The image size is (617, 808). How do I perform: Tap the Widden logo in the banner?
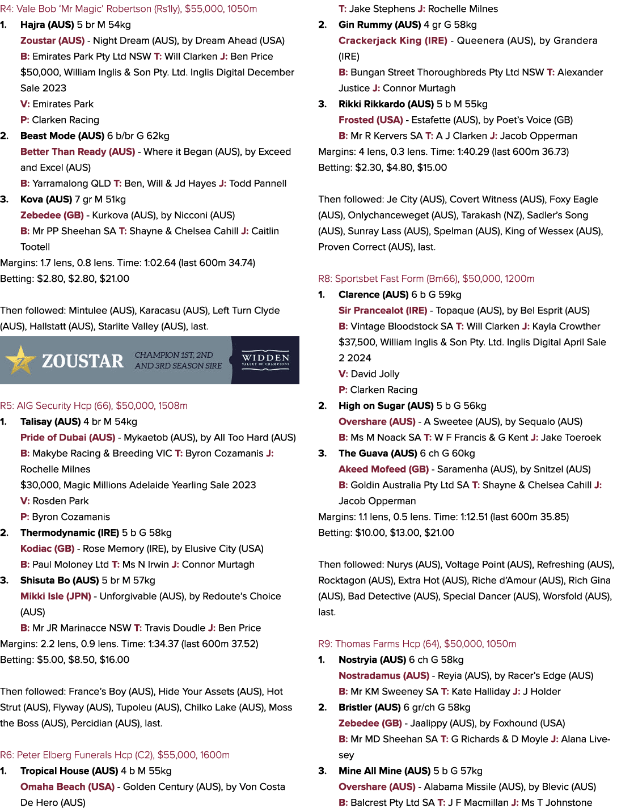pyautogui.click(x=265, y=361)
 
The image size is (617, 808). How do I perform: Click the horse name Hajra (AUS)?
pyautogui.click(x=47, y=25)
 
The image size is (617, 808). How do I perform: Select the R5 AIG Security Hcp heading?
pyautogui.click(x=94, y=406)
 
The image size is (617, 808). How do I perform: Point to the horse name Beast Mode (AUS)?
pyautogui.click(x=62, y=136)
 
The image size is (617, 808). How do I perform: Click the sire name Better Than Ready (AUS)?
pyautogui.click(x=78, y=152)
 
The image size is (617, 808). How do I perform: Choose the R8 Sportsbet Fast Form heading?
pyautogui.click(x=426, y=279)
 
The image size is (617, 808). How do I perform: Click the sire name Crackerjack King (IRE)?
pyautogui.click(x=393, y=41)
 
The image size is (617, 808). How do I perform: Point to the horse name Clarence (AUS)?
pyautogui.click(x=373, y=295)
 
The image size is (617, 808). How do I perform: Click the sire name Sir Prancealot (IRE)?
pyautogui.click(x=383, y=311)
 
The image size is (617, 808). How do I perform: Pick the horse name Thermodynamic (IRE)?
pyautogui.click(x=70, y=533)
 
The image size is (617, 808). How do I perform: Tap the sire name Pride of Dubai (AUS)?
pyautogui.click(x=68, y=438)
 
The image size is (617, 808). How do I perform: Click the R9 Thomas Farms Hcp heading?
pyautogui.click(x=417, y=644)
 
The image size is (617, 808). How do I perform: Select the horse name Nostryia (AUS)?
pyautogui.click(x=372, y=660)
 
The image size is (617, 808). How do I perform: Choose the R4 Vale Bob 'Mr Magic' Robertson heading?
pyautogui.click(x=129, y=9)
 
